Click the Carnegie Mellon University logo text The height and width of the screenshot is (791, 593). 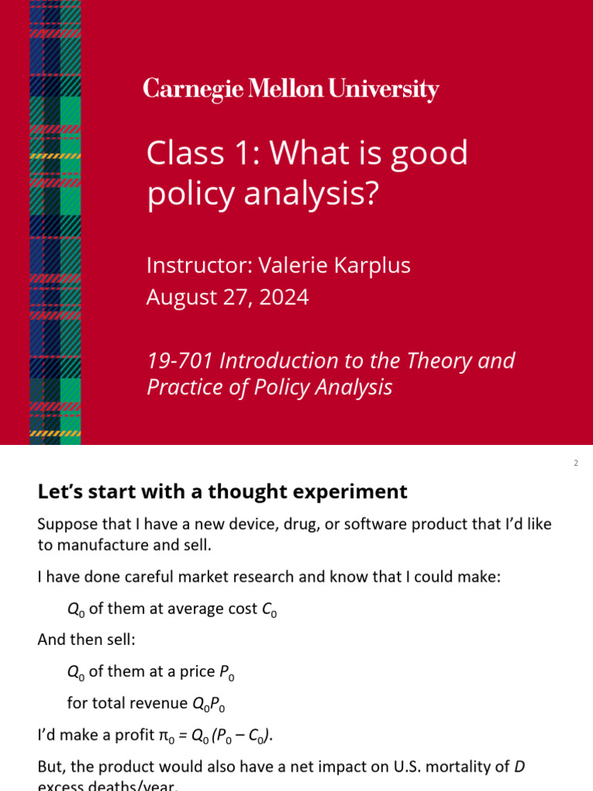(x=290, y=90)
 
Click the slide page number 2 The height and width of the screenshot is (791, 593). (x=576, y=463)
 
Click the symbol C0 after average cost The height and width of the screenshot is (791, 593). (x=269, y=609)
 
